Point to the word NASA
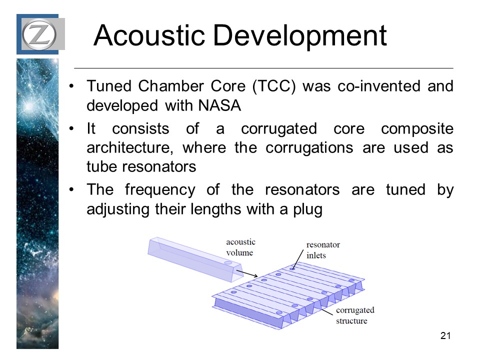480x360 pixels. pos(219,105)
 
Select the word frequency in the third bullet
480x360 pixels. pos(160,190)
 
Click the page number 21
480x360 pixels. pos(445,336)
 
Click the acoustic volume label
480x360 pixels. pos(240,247)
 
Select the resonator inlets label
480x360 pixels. pos(323,250)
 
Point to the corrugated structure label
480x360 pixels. pos(355,315)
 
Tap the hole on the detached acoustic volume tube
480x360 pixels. pos(228,262)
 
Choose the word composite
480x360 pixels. pos(417,129)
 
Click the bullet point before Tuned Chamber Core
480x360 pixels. pos(71,86)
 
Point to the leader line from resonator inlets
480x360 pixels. pos(298,259)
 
